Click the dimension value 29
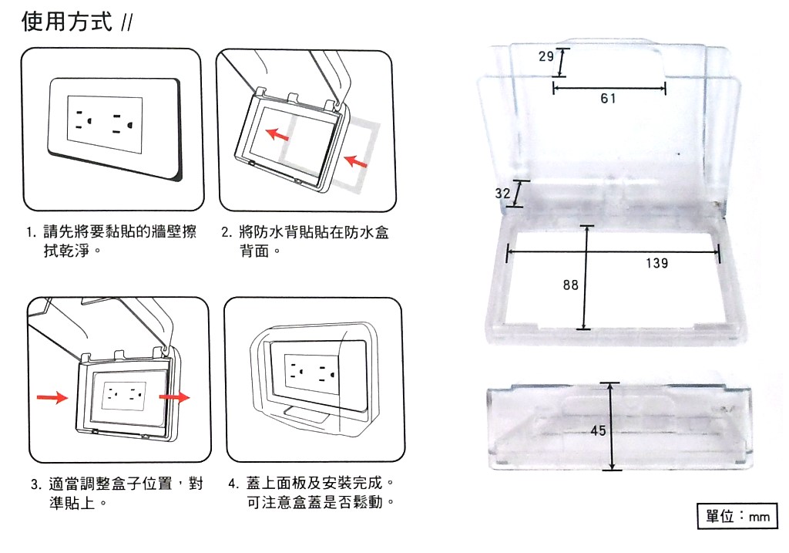coord(546,56)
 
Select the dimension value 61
coord(609,99)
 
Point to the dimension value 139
coord(656,264)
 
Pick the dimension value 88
coord(570,285)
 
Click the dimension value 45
coord(599,431)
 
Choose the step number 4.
coord(233,484)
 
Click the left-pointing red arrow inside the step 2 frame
coord(278,135)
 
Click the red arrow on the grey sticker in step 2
coord(355,161)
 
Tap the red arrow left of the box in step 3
coord(51,398)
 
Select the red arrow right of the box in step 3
coord(174,397)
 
